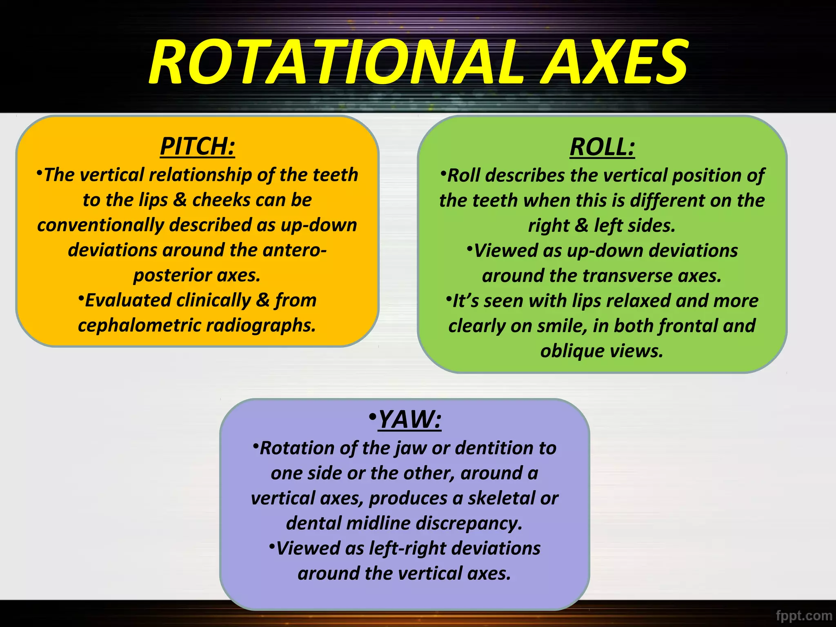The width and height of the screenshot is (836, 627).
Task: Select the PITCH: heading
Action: pyautogui.click(x=198, y=146)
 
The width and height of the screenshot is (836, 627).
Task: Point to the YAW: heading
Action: pyautogui.click(x=409, y=419)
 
